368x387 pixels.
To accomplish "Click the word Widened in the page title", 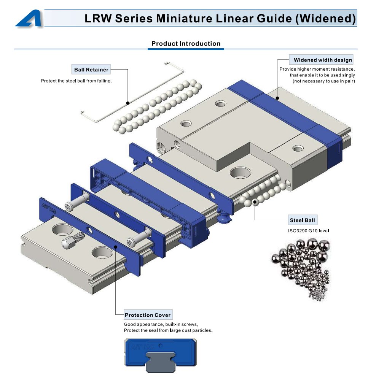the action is point(326,19).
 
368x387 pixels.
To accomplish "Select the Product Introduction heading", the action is point(186,43).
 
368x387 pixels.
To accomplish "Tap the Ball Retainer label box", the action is point(91,69).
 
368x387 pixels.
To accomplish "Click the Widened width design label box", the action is point(321,60).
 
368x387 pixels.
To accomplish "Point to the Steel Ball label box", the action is point(303,220).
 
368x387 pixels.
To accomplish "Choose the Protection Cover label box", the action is point(148,315).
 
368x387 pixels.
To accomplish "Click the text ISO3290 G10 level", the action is point(308,231).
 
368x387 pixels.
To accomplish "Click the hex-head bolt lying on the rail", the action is point(72,240).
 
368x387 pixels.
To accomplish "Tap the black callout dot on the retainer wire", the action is point(128,103).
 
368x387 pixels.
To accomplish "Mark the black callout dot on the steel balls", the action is point(255,202).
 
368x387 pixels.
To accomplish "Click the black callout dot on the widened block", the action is point(277,98).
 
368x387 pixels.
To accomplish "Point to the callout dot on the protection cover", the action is point(115,247).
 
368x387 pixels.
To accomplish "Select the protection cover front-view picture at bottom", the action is point(160,355).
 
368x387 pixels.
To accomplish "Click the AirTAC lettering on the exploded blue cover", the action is point(49,208).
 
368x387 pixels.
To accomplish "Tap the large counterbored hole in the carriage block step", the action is point(240,173).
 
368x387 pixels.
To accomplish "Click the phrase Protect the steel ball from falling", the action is point(76,81).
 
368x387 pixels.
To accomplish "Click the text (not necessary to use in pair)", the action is point(324,81).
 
